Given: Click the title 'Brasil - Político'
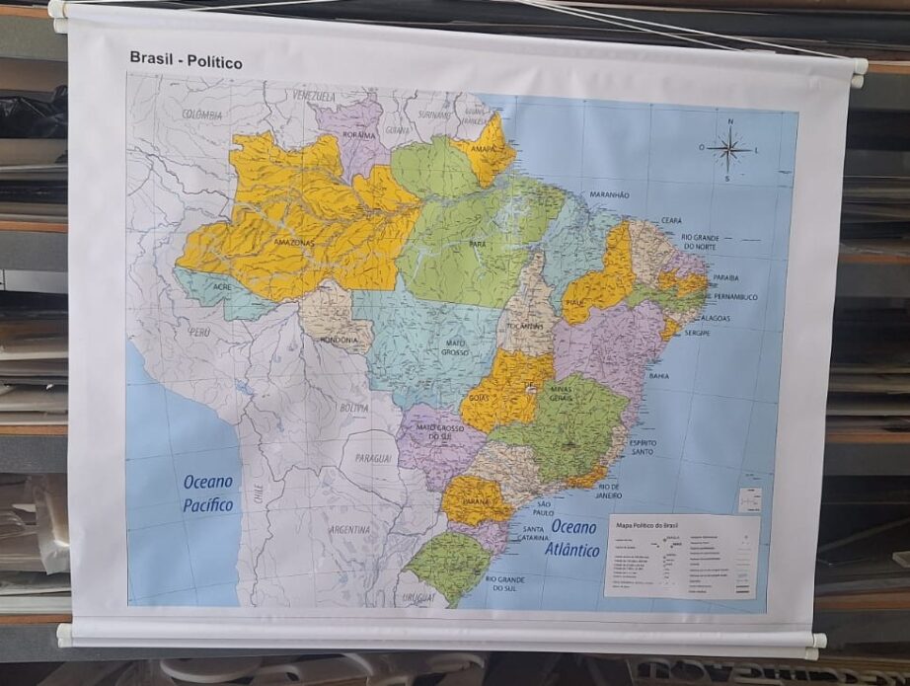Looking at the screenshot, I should click(x=186, y=61).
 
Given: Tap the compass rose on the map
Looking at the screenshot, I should click(x=728, y=150).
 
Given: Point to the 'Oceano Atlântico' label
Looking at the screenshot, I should click(x=574, y=539).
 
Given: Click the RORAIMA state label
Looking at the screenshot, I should click(x=358, y=135).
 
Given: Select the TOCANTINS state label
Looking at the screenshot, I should click(x=524, y=325).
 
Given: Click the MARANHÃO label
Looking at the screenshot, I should click(x=609, y=195).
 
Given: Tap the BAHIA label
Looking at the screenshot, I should click(x=658, y=375).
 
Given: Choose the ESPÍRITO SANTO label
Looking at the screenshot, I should click(x=644, y=448).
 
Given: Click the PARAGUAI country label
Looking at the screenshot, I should click(x=373, y=458).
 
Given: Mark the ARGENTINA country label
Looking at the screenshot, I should click(x=349, y=530).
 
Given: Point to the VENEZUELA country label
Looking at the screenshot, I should click(x=314, y=96).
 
